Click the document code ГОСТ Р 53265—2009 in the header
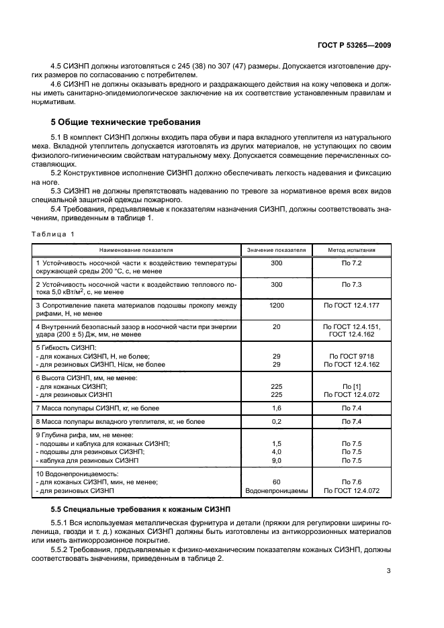[x=354, y=44]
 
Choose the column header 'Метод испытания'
[x=351, y=250]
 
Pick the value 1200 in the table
[x=276, y=306]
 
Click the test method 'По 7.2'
[x=351, y=264]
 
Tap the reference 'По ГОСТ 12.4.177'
[x=351, y=306]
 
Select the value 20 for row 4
[x=276, y=326]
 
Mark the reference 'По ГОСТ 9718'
[x=351, y=356]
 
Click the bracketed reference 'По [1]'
[x=351, y=386]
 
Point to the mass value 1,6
[x=276, y=408]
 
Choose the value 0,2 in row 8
[x=276, y=421]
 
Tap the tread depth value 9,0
[x=276, y=461]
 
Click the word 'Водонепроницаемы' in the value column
[x=276, y=490]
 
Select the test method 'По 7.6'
[x=351, y=482]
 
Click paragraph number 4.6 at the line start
[x=58, y=84]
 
